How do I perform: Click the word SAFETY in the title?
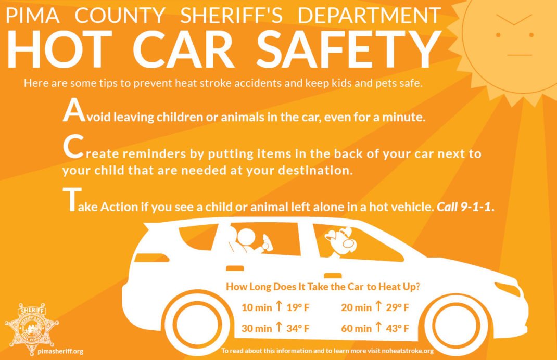pos(349,49)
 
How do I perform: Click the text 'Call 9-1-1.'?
pos(465,207)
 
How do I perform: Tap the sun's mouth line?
pos(520,55)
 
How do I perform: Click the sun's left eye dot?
pos(498,35)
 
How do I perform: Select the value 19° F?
pos(298,307)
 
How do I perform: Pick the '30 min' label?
pos(257,328)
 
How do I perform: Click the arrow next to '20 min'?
pos(378,306)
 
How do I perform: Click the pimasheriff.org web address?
pos(60,352)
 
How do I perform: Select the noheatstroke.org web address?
pos(408,351)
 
